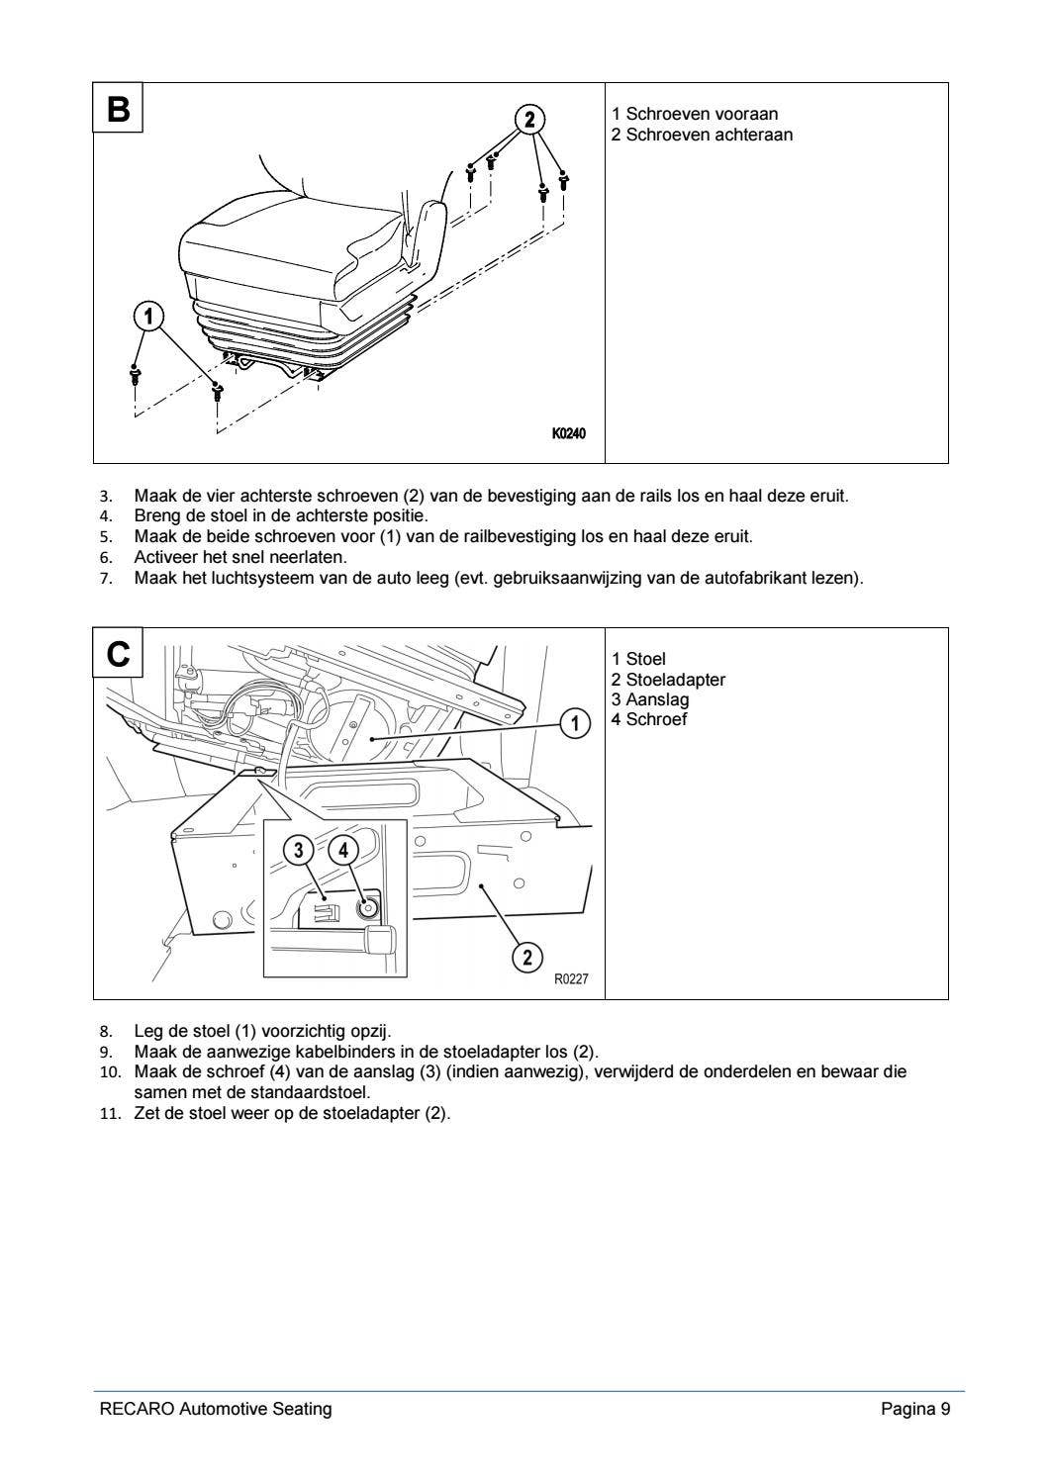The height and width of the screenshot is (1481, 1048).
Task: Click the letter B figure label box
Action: point(118,108)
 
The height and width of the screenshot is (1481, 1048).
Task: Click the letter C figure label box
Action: point(118,653)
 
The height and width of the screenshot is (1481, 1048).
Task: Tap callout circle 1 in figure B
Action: point(147,317)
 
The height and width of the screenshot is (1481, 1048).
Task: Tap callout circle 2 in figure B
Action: point(529,120)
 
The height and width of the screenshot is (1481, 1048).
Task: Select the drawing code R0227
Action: point(571,978)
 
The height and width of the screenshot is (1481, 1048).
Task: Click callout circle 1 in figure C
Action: point(575,724)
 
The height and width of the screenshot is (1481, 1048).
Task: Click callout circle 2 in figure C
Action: point(526,957)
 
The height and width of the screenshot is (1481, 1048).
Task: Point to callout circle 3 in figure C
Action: point(299,850)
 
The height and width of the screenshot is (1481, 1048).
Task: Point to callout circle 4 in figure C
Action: point(342,850)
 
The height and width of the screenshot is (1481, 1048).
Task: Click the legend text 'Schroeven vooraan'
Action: point(702,114)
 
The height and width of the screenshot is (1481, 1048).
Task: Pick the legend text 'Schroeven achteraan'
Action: point(709,135)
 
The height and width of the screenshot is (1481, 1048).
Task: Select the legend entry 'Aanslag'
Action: point(657,699)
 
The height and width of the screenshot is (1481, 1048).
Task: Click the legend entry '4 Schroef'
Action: point(649,719)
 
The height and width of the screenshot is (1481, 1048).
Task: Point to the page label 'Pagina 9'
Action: point(915,1409)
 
